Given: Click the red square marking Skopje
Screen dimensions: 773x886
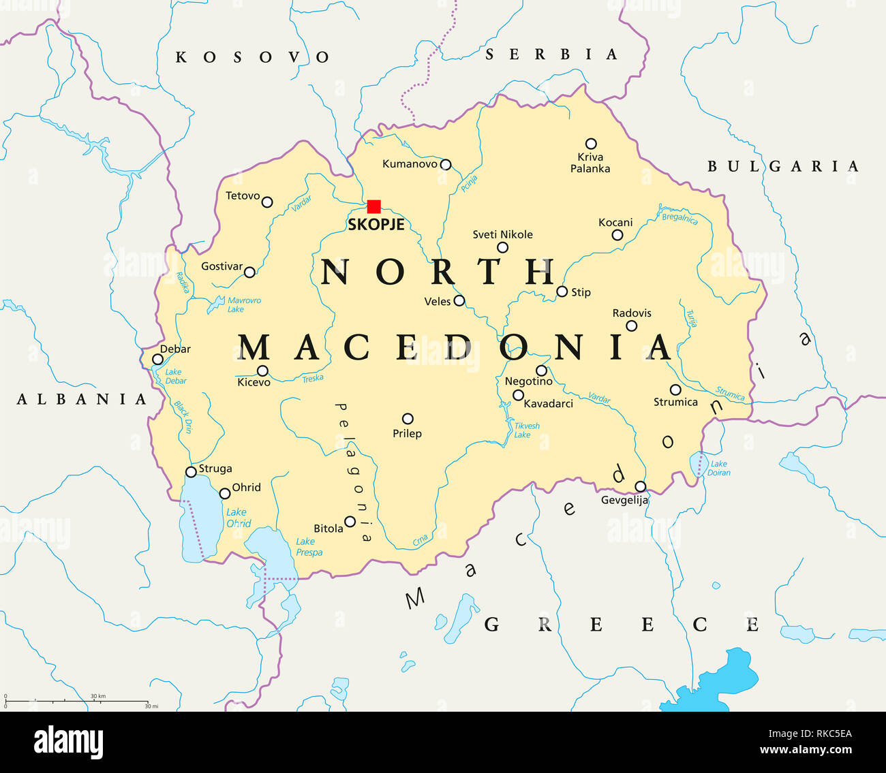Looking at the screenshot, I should coord(373,206).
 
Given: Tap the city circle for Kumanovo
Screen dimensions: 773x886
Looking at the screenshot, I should coord(446,164).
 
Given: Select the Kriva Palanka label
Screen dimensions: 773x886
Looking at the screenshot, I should coord(590,163).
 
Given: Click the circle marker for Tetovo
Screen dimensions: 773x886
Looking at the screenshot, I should coord(267,202).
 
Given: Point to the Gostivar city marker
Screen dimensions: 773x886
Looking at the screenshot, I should coord(249,272).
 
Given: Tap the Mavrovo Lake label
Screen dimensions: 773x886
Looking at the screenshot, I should coord(243,304).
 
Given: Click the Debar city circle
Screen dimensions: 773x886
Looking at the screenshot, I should coord(157,360).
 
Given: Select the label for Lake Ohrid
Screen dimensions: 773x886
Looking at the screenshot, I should coord(238,518).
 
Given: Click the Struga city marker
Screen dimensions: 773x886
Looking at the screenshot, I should coord(192,471).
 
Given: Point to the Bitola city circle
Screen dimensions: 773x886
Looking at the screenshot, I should coord(350,522).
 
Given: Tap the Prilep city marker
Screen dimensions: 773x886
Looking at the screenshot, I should coord(408,419).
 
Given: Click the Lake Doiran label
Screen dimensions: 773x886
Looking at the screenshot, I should coord(720,468).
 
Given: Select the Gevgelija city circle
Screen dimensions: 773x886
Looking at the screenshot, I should coord(641,486).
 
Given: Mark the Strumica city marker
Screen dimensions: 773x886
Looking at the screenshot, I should coord(675,390).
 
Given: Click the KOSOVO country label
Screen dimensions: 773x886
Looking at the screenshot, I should coord(252,57).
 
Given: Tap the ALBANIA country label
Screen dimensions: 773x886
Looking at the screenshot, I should coord(82,399).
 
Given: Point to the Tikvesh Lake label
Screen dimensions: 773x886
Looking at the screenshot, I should coord(526,430).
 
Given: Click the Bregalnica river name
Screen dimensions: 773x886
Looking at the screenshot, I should coord(679,218).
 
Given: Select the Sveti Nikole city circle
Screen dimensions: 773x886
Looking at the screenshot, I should coord(502,247).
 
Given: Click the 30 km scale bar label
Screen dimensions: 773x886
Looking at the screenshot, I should coord(97,696).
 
